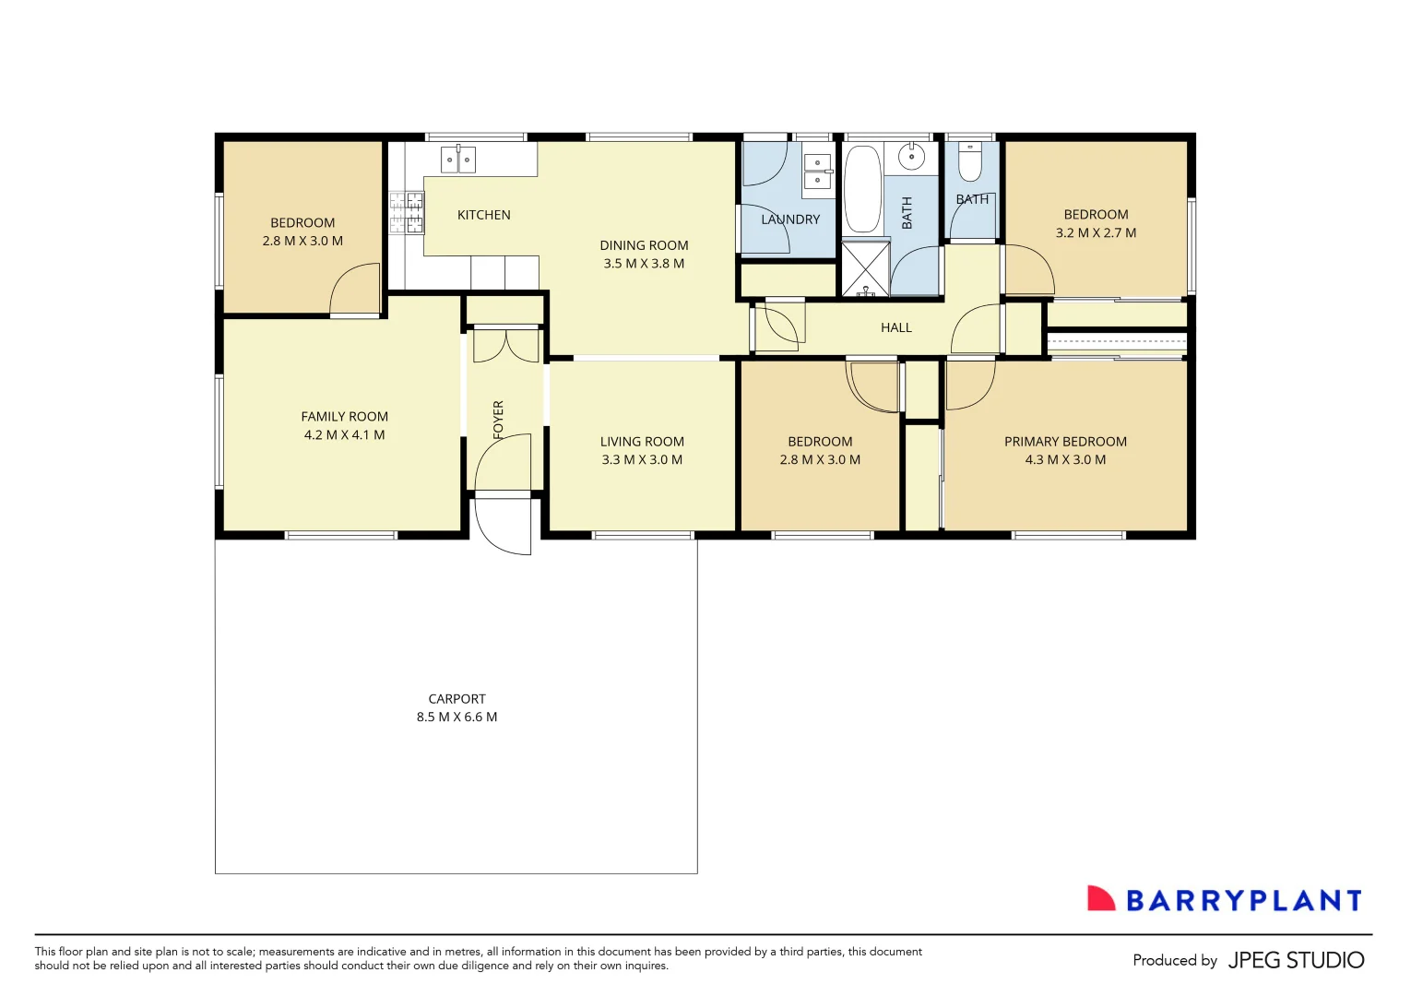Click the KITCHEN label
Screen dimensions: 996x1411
tap(483, 215)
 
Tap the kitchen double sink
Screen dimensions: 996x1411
tap(457, 160)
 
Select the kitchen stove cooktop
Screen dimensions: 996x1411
tap(406, 213)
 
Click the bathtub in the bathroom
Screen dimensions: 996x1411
tap(862, 189)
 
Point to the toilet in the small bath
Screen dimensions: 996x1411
tap(969, 162)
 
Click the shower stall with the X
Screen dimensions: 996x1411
tap(865, 268)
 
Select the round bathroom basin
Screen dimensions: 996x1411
tap(911, 157)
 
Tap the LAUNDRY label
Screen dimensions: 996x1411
tap(790, 219)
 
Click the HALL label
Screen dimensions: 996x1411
tap(895, 327)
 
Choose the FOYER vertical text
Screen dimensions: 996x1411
tap(498, 419)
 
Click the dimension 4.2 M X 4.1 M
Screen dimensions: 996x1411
tap(344, 434)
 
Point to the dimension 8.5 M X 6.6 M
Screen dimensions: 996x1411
tap(456, 717)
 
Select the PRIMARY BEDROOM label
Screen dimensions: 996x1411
tap(1065, 442)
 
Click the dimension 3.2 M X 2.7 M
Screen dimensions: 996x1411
tap(1096, 232)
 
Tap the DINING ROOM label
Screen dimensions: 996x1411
tap(644, 245)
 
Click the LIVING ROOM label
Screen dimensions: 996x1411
tap(642, 442)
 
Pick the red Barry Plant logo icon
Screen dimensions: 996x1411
tap(1100, 899)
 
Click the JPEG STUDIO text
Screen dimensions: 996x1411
tap(1296, 960)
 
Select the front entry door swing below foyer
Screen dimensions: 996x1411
tap(505, 528)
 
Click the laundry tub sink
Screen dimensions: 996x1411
tap(817, 172)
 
